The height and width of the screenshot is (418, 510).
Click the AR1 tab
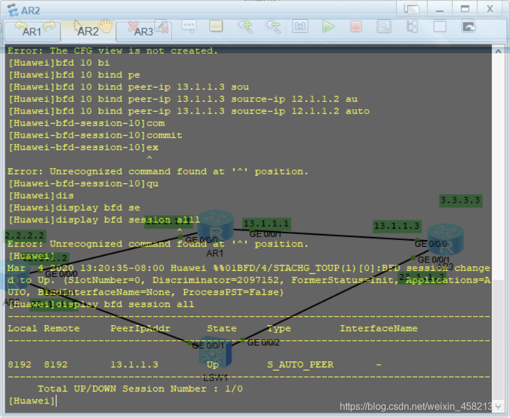pyautogui.click(x=31, y=31)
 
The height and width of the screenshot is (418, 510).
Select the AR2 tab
pyautogui.click(x=88, y=31)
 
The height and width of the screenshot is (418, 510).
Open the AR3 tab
pyautogui.click(x=143, y=31)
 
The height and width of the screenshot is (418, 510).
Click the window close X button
pyautogui.click(x=490, y=8)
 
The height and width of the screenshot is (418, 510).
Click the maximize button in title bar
pyautogui.click(x=465, y=8)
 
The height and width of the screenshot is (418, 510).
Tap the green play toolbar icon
pyautogui.click(x=328, y=26)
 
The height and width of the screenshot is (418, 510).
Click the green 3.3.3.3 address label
pyautogui.click(x=461, y=200)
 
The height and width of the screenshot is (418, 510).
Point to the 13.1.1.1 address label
pyautogui.click(x=266, y=224)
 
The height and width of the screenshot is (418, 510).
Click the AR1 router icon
pyautogui.click(x=215, y=226)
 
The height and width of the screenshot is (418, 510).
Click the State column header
pyautogui.click(x=222, y=328)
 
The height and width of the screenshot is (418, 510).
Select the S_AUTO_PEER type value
pyautogui.click(x=300, y=364)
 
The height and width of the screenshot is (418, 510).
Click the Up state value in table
pyautogui.click(x=213, y=364)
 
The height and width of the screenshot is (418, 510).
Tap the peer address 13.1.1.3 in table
pyautogui.click(x=134, y=364)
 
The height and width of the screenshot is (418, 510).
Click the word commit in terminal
pyautogui.click(x=164, y=135)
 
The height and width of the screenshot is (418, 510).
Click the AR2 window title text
pyautogui.click(x=30, y=10)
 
